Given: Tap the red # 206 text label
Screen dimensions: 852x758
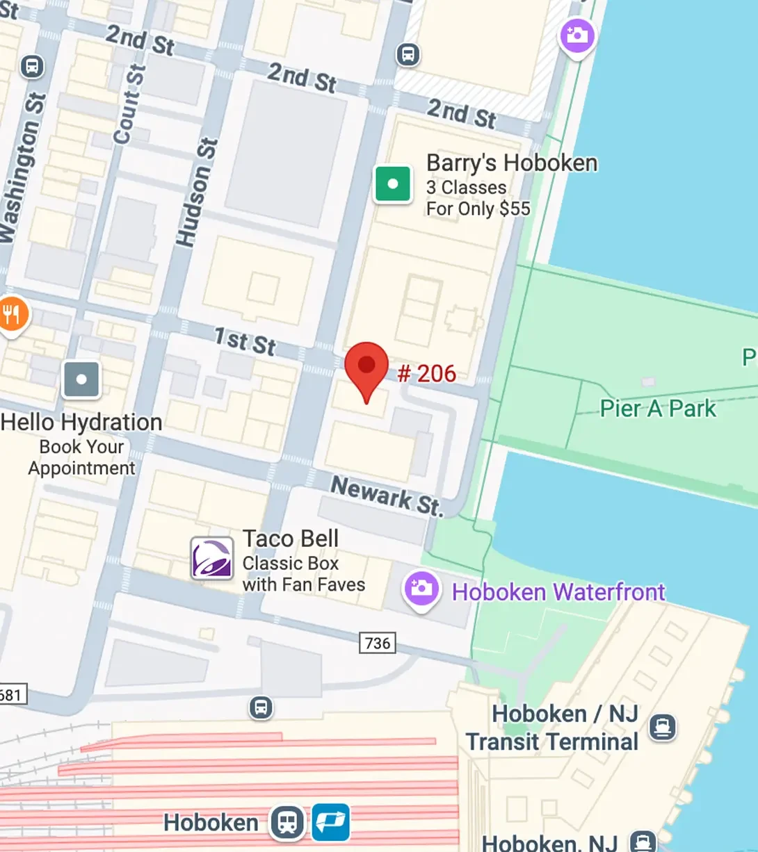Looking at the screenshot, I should tap(427, 374).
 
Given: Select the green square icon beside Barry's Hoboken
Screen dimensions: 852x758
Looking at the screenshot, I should tap(393, 184).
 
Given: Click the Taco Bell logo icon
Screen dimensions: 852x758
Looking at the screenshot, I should tap(212, 558).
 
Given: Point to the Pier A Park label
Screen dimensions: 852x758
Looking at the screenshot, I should tap(657, 409).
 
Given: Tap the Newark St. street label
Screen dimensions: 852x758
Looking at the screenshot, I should tap(386, 495).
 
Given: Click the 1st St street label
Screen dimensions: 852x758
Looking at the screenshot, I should tap(245, 341).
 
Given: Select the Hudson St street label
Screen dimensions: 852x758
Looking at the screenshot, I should tap(197, 192).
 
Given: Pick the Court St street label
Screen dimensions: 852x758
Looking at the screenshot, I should tap(130, 104).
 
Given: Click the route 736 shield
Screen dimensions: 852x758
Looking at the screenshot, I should tap(378, 643).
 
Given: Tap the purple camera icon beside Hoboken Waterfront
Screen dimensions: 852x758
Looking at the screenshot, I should tap(421, 589).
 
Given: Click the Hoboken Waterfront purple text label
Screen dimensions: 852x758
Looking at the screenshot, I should tap(558, 592).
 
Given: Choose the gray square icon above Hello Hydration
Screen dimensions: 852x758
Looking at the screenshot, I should tap(81, 379).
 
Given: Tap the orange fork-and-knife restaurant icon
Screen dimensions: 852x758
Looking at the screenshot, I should tap(12, 315).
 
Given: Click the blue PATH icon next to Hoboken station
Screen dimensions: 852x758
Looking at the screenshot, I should tap(330, 822).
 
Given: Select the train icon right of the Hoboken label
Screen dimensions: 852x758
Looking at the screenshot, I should tap(287, 822).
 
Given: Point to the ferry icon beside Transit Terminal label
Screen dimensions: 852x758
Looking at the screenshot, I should tap(662, 728).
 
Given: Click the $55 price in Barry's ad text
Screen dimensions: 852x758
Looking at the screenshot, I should tap(514, 208).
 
